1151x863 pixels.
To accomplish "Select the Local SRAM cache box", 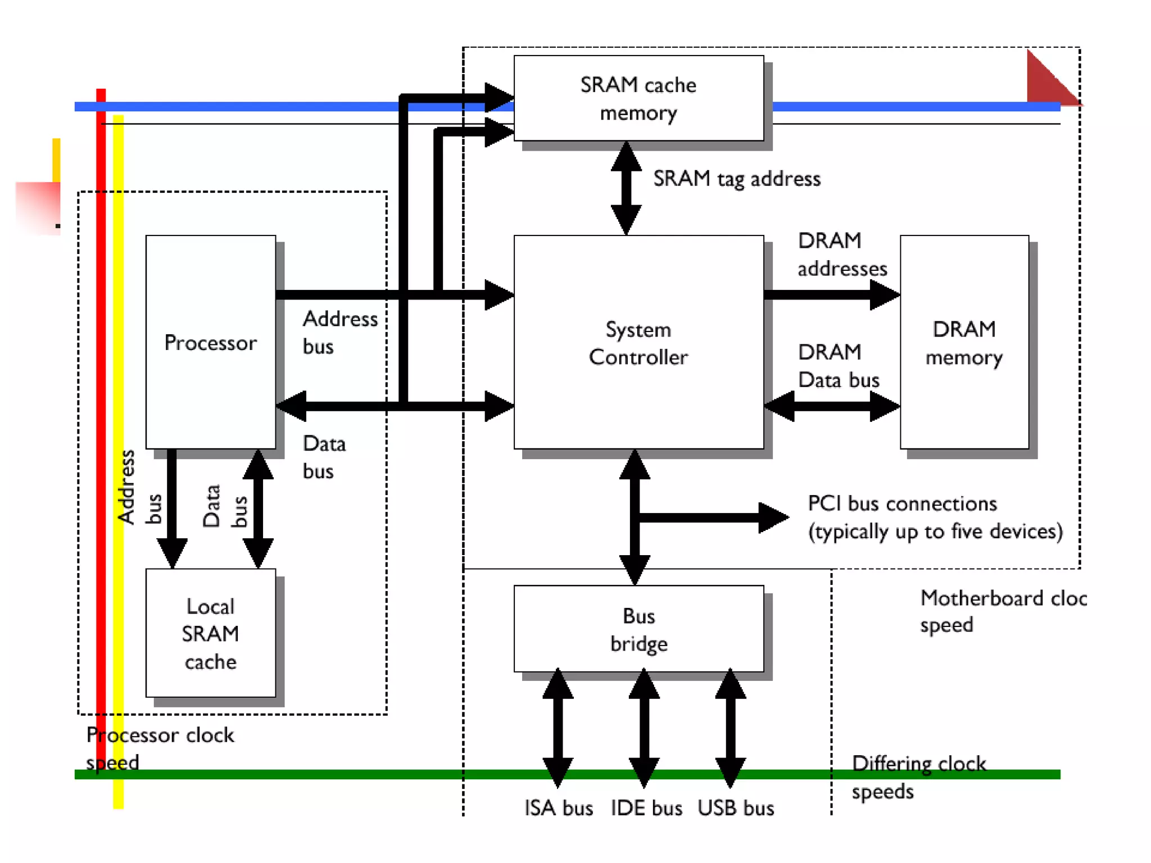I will [210, 633].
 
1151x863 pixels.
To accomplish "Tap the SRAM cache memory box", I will [638, 98].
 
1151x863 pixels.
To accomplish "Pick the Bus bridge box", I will [638, 629].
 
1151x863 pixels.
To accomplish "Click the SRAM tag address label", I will [736, 179].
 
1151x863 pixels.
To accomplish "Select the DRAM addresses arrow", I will [832, 294].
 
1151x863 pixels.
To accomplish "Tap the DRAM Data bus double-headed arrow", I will [832, 405].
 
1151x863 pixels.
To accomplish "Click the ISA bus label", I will [559, 808].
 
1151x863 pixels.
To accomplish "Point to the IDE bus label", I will [646, 808].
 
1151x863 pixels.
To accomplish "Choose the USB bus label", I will [736, 808].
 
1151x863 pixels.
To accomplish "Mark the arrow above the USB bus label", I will [730, 728].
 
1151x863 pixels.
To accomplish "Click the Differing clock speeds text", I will [918, 777].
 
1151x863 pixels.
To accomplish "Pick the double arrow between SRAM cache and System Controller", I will [626, 188].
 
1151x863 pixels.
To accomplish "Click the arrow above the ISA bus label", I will [558, 728].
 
